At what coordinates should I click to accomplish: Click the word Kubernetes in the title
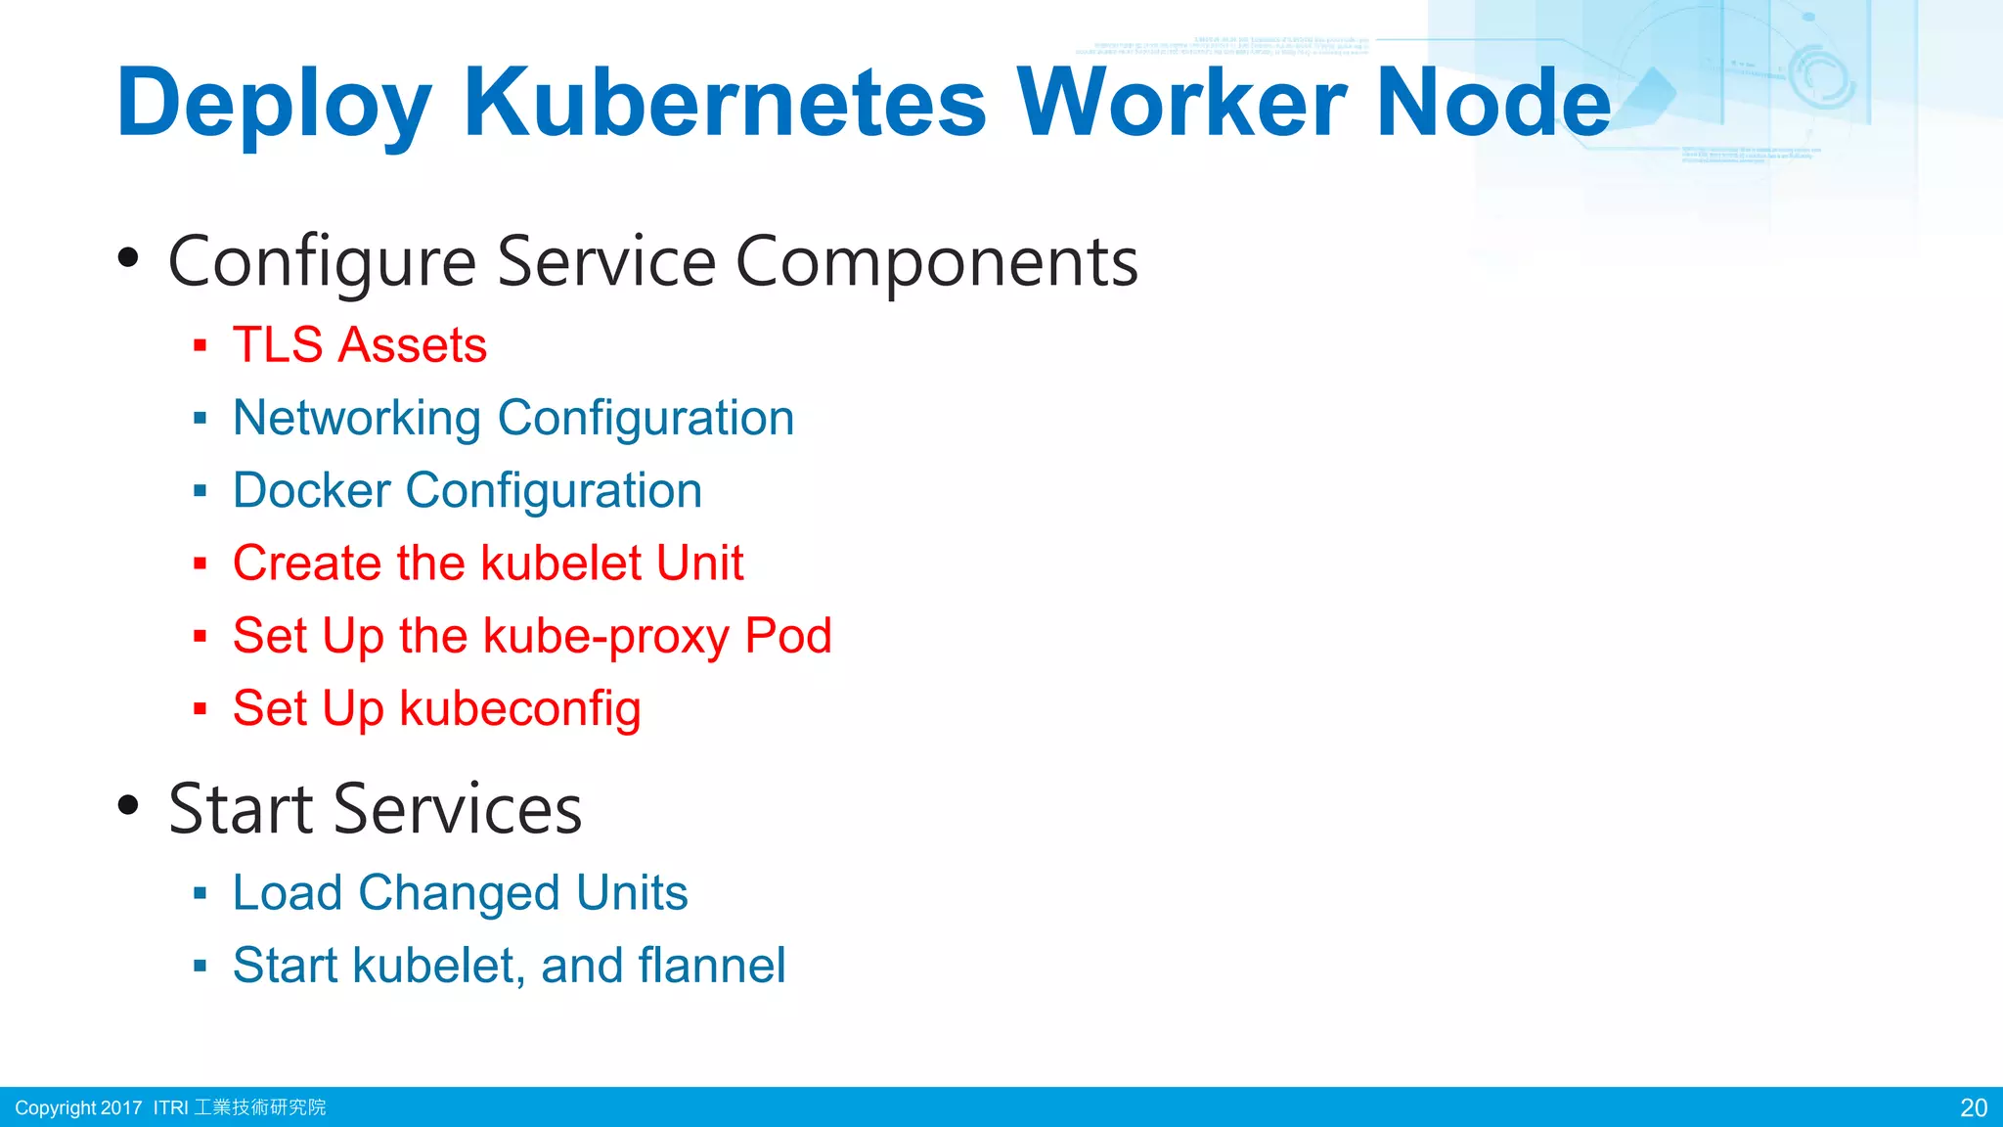pyautogui.click(x=725, y=103)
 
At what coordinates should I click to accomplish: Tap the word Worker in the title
pyautogui.click(x=1182, y=103)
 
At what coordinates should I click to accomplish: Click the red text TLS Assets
pyautogui.click(x=360, y=345)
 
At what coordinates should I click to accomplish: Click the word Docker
pyautogui.click(x=311, y=490)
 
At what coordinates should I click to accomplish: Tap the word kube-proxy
pyautogui.click(x=606, y=637)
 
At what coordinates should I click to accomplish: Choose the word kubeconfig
pyautogui.click(x=520, y=709)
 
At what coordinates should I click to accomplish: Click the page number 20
pyautogui.click(x=1974, y=1107)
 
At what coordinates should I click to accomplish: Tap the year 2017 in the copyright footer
pyautogui.click(x=121, y=1107)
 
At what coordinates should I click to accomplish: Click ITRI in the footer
pyautogui.click(x=171, y=1107)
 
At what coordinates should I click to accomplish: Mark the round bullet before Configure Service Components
pyautogui.click(x=128, y=259)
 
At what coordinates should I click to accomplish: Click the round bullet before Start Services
pyautogui.click(x=128, y=806)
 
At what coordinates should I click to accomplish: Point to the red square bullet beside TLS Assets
pyautogui.click(x=200, y=345)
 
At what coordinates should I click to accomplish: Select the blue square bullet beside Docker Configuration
pyautogui.click(x=200, y=490)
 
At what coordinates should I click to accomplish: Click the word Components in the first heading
pyautogui.click(x=936, y=262)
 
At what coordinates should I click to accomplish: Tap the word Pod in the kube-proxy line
pyautogui.click(x=787, y=637)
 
